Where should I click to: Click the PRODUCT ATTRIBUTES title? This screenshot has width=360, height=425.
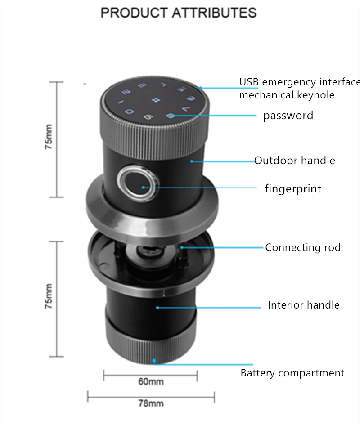pos(179,13)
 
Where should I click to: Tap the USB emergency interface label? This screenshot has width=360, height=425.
pos(299,82)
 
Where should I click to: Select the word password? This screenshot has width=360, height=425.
pos(288,116)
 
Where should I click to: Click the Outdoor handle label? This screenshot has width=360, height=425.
pos(295,161)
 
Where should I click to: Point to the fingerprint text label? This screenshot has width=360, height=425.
pos(293,188)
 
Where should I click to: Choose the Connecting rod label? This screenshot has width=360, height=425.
pos(303,247)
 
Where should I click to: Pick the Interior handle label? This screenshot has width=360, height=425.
pos(304,305)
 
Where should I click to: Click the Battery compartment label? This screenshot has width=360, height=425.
pos(292,373)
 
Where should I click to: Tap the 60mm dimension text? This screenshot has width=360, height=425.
pos(151,382)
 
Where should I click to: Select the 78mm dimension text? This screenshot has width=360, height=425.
pos(151,403)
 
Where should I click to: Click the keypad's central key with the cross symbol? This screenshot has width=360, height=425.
pos(156,99)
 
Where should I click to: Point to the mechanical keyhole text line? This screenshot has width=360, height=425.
pos(287,95)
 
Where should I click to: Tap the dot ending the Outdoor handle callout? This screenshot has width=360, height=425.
pos(192,160)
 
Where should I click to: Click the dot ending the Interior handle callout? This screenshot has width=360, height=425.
pos(157,307)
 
